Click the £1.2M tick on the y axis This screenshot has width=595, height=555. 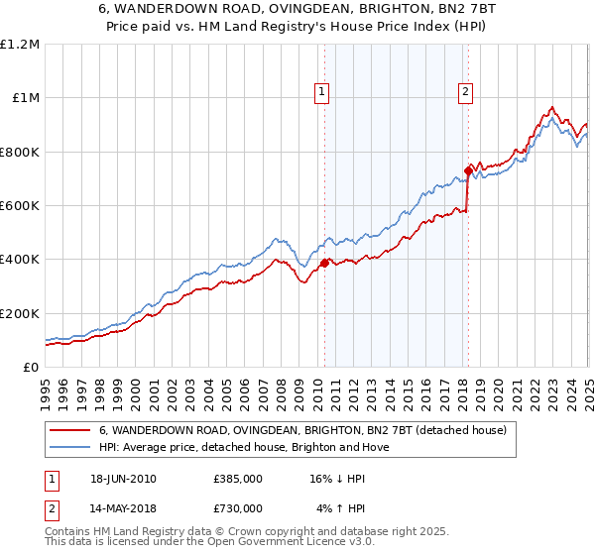20,44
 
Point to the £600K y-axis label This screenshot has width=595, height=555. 20,205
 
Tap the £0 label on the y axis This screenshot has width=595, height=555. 32,367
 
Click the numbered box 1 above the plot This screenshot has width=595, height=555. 322,92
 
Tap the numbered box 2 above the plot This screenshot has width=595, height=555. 465,92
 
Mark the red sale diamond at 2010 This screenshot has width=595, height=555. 324,263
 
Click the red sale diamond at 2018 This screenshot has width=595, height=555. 468,170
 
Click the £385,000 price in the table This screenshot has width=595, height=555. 237,478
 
